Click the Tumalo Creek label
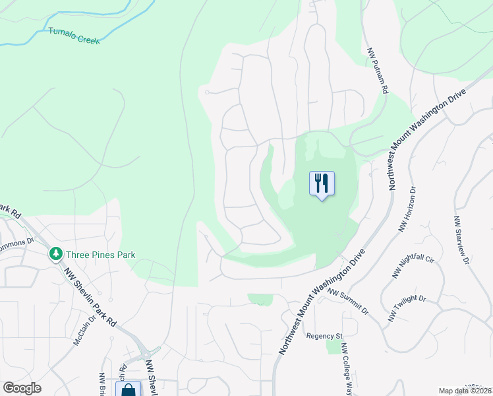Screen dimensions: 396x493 (x=73, y=35)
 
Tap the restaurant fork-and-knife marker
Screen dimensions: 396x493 (x=322, y=183)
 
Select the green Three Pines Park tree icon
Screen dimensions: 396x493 (x=56, y=254)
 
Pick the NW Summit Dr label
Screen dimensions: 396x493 (x=347, y=301)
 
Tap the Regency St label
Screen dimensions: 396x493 (x=325, y=336)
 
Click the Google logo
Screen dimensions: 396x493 (x=22, y=388)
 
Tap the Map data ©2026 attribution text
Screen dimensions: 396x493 (x=465, y=391)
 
